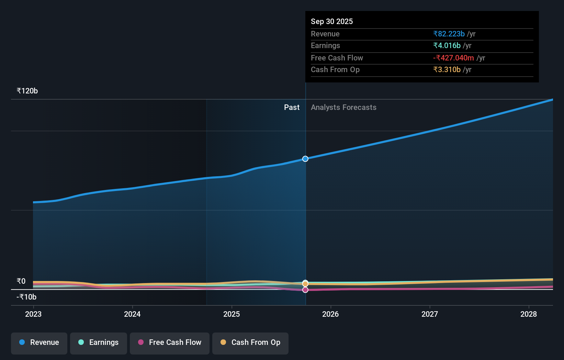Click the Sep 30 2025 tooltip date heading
pos(331,21)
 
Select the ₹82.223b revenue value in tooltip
pos(449,34)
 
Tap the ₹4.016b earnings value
pos(447,45)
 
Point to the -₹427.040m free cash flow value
pos(453,58)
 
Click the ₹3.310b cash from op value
pos(447,69)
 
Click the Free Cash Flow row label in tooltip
pos(337,58)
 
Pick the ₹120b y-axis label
pos(27,91)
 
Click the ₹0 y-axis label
pos(21,281)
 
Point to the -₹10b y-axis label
pos(26,297)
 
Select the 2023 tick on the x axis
pos(33,314)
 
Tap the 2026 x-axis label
pos(330,314)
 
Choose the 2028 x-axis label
pos(528,314)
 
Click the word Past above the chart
pos(292,107)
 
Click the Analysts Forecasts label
pos(343,107)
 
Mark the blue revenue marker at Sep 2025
pos(305,159)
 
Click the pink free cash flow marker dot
pos(305,290)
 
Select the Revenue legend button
pos(39,342)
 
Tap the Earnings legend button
pos(99,342)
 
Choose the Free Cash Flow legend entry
pos(170,342)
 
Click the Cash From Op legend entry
pos(250,342)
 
